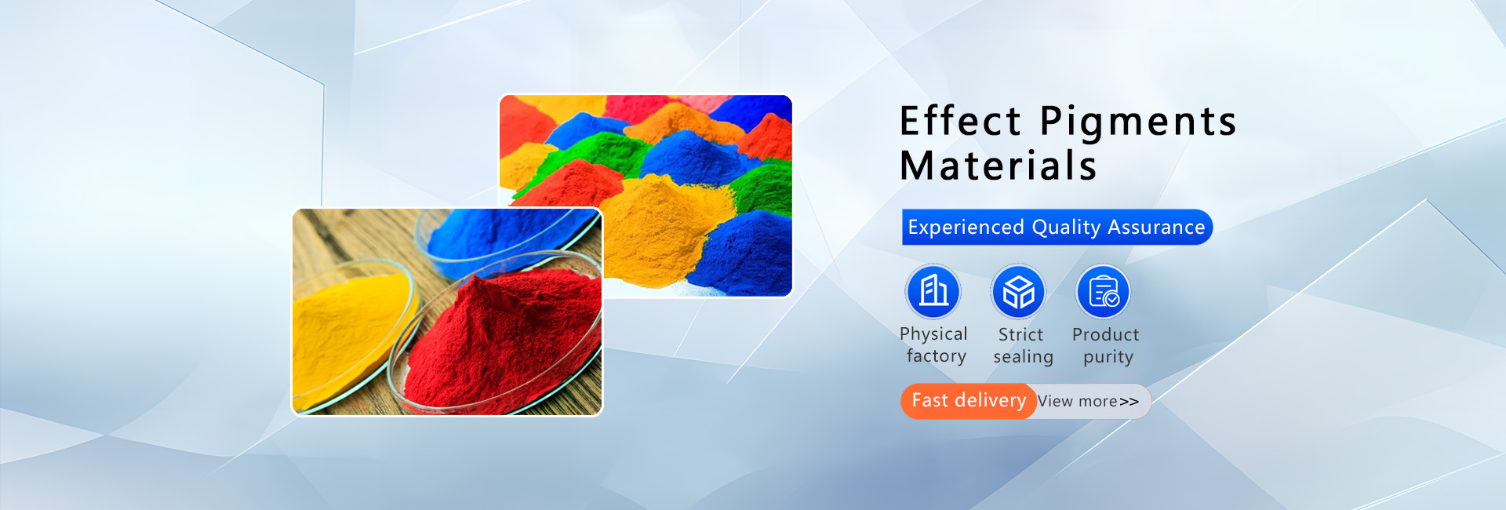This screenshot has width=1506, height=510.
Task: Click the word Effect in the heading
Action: [x=960, y=122]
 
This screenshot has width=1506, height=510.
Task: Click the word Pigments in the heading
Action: [x=1138, y=124]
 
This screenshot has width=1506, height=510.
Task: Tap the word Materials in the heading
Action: [x=998, y=166]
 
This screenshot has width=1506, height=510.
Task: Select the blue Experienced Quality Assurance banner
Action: [x=1057, y=227]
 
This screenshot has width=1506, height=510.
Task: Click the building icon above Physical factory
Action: [x=933, y=291]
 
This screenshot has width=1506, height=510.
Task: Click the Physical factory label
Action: [x=933, y=345]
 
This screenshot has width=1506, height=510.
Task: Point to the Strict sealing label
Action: [x=1023, y=346]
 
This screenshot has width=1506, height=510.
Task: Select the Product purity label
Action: [x=1106, y=346]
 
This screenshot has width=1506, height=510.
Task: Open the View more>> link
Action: [x=1088, y=401]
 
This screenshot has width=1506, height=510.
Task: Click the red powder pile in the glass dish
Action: [x=502, y=337]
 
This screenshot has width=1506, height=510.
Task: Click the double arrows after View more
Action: [x=1129, y=402]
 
